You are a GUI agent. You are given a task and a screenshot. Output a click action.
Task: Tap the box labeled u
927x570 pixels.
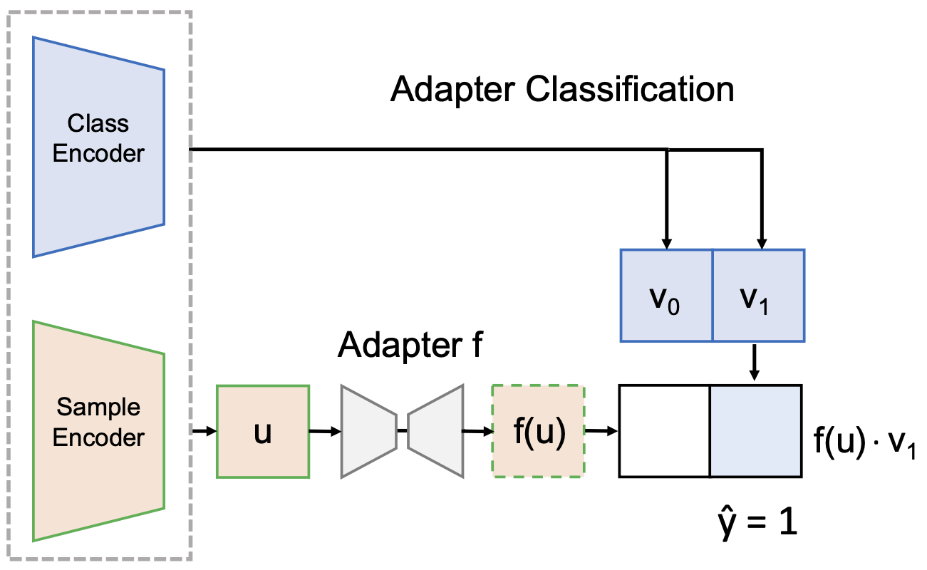tap(262, 431)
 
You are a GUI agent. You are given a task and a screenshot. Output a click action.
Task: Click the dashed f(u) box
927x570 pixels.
tap(539, 431)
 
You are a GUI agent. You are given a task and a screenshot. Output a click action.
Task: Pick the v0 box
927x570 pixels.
tap(666, 295)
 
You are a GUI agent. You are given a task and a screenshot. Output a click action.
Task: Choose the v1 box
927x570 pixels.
tap(758, 295)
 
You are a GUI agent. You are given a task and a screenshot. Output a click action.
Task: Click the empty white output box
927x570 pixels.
tap(664, 431)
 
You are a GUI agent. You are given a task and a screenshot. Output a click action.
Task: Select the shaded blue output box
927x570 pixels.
tap(756, 431)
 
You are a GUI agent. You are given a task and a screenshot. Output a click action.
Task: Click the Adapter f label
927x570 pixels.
tap(411, 346)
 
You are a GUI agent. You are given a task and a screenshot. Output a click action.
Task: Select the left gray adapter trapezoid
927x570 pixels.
tap(368, 431)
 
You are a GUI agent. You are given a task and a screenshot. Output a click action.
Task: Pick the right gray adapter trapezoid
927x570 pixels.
tap(435, 431)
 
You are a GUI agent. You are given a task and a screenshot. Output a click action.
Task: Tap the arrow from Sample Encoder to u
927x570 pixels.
tap(204, 431)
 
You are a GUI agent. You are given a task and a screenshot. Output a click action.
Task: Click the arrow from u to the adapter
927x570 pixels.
tap(325, 431)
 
